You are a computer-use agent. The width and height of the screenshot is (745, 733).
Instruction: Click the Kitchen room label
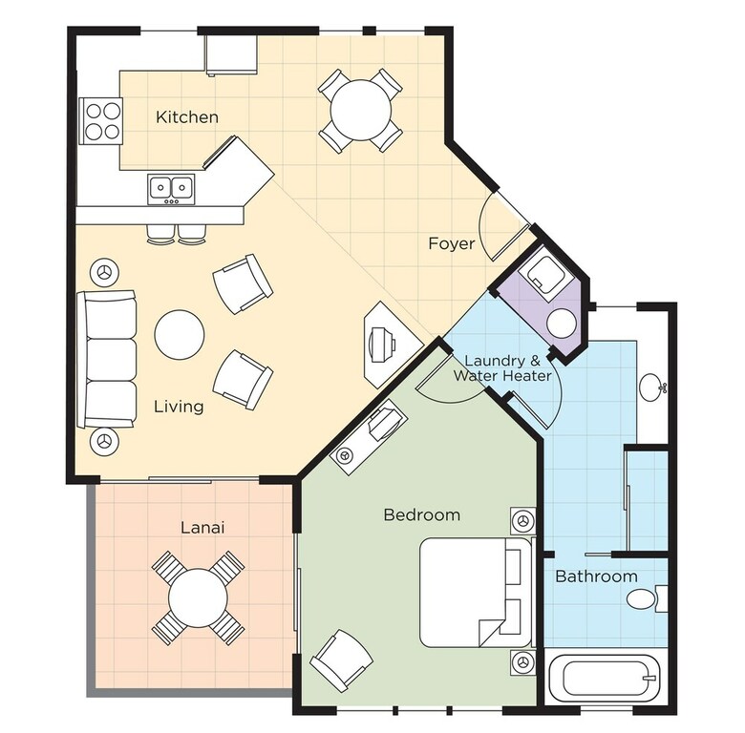pyautogui.click(x=187, y=116)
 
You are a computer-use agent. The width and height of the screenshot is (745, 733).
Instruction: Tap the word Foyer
pyautogui.click(x=452, y=243)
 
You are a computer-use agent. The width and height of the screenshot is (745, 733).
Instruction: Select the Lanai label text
pyautogui.click(x=202, y=528)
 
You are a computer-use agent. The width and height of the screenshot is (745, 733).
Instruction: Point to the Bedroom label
pyautogui.click(x=422, y=514)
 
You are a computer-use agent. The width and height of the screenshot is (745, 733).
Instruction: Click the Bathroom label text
pyautogui.click(x=596, y=576)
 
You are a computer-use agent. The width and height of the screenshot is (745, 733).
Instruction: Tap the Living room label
pyautogui.click(x=180, y=407)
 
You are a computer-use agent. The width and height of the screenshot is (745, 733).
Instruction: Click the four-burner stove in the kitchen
pyautogui.click(x=100, y=120)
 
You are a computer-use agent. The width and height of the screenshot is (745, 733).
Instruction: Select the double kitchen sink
pyautogui.click(x=171, y=189)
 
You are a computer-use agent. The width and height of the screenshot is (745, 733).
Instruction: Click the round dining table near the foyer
pyautogui.click(x=361, y=110)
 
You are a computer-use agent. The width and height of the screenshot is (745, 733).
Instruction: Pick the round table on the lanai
pyautogui.click(x=198, y=598)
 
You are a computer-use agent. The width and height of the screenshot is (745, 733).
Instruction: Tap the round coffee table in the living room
pyautogui.click(x=180, y=334)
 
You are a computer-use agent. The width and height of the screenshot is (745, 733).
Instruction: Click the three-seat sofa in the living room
pyautogui.click(x=107, y=360)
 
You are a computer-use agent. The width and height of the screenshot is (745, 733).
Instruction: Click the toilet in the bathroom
pyautogui.click(x=648, y=598)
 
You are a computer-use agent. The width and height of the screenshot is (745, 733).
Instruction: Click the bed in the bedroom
pyautogui.click(x=475, y=593)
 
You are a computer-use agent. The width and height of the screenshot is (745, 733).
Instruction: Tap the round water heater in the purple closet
pyautogui.click(x=562, y=324)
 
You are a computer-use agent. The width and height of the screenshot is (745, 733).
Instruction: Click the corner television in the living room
pyautogui.click(x=392, y=344)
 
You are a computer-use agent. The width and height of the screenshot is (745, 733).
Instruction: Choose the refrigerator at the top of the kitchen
pyautogui.click(x=231, y=54)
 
